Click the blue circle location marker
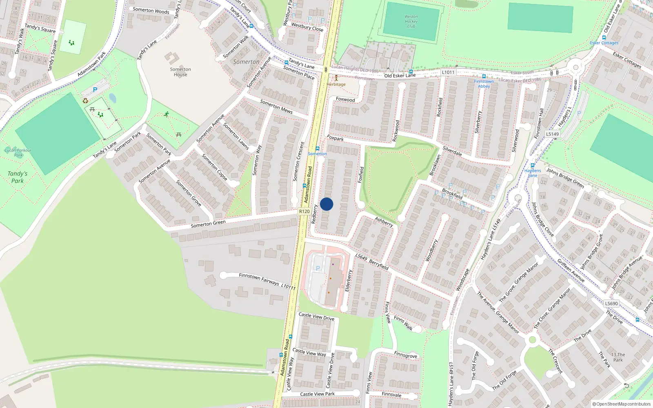coord(326,204)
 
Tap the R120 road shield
coord(304,211)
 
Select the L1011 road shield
coord(448,72)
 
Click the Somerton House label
coord(180,72)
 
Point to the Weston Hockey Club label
coord(411,22)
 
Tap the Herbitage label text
coord(336,84)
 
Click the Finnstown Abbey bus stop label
coord(484,84)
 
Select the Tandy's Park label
coord(18,177)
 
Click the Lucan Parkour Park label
coord(18,152)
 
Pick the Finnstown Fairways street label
coord(259,279)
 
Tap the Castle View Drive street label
coord(316,316)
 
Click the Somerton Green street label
coord(208,224)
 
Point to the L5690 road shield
coord(611,304)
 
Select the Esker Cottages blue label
coord(604,43)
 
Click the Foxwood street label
coord(345,100)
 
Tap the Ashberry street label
coord(384,222)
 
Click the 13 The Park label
coord(618,357)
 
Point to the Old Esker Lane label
coord(400,75)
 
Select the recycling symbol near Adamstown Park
coord(85,101)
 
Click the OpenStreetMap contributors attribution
coord(622,404)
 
